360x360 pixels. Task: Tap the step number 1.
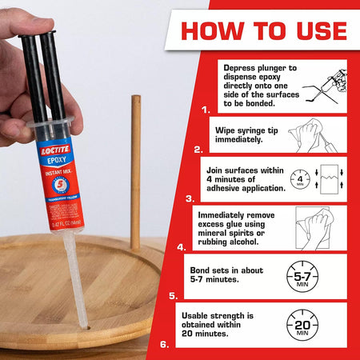(x=206, y=109)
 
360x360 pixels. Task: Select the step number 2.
(x=198, y=149)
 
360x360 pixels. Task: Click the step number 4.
(x=181, y=247)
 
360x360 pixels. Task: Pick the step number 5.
(x=174, y=295)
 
